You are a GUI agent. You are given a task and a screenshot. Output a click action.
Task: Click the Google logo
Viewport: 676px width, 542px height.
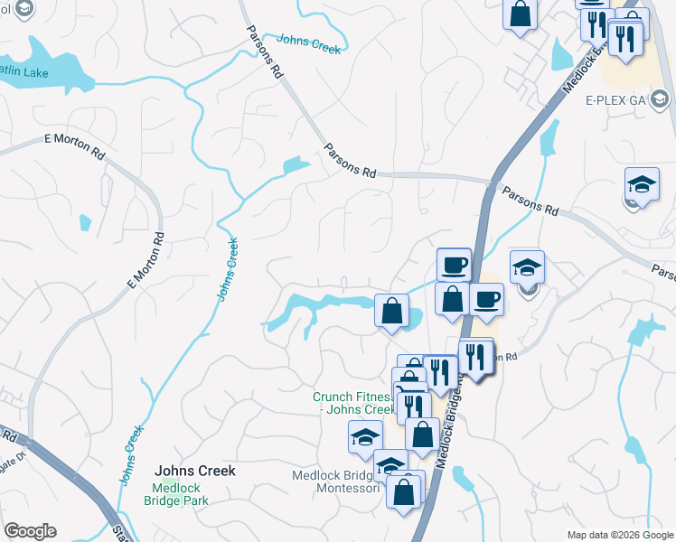pyautogui.click(x=30, y=531)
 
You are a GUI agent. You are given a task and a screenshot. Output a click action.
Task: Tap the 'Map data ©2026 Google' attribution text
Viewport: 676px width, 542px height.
pyautogui.click(x=620, y=535)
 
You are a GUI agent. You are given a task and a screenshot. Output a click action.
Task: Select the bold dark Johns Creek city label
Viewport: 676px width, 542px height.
pyautogui.click(x=194, y=471)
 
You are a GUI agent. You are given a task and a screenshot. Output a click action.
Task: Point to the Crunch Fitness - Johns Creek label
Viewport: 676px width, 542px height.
pyautogui.click(x=352, y=403)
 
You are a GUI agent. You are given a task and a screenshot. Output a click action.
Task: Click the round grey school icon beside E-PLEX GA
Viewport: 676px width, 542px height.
pyautogui.click(x=659, y=98)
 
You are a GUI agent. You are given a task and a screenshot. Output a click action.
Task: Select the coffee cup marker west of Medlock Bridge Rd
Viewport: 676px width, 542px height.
pyautogui.click(x=454, y=266)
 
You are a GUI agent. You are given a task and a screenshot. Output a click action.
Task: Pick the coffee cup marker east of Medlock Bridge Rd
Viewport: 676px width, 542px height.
pyautogui.click(x=486, y=299)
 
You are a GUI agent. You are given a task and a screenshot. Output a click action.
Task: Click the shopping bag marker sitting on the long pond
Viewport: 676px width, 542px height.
pyautogui.click(x=391, y=311)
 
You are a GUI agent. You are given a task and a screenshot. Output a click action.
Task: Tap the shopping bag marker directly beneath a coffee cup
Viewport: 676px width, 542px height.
pyautogui.click(x=452, y=299)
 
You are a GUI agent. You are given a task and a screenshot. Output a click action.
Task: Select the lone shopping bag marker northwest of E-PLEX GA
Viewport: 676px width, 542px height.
pyautogui.click(x=521, y=14)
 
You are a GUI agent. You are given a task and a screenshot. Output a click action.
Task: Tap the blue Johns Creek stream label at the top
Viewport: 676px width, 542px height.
pyautogui.click(x=309, y=44)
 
